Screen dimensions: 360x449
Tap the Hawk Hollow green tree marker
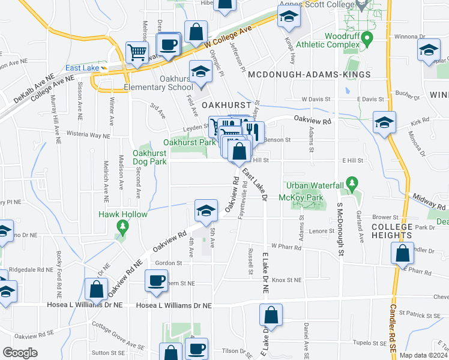[122, 226]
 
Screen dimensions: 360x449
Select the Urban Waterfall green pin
[352, 182]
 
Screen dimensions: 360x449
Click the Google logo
[20, 352]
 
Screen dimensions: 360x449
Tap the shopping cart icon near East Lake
[137, 52]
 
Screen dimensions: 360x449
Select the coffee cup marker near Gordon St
[156, 281]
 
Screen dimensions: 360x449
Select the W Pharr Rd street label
[285, 246]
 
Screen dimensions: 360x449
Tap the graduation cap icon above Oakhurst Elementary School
[200, 71]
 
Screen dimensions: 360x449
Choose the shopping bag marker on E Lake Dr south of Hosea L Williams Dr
[271, 316]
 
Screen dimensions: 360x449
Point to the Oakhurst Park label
[189, 143]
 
